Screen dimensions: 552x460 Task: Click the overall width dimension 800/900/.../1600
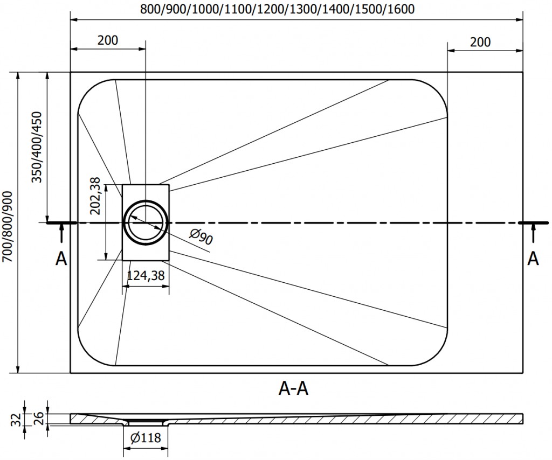pos(278,9)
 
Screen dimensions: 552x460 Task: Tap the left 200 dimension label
pos(108,40)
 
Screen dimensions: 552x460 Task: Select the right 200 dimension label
pos(480,42)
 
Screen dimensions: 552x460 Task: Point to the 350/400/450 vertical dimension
pos(37,147)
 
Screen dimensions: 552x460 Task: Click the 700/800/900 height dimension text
pos(8,227)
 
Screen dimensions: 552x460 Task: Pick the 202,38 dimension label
pos(95,196)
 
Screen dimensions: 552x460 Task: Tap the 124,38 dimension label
pos(146,275)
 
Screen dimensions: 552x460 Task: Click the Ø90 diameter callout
pos(201,236)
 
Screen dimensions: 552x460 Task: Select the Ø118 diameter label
pos(146,437)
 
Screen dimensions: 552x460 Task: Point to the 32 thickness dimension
pos(16,420)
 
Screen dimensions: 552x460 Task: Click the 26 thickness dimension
pos(39,419)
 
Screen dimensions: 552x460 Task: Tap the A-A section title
pos(293,388)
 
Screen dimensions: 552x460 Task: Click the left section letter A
pos(61,259)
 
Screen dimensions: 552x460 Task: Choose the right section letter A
pos(533,259)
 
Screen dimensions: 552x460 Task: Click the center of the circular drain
pos(146,222)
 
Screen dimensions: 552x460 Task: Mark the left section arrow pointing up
pos(61,233)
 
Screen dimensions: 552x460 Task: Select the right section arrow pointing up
pos(533,233)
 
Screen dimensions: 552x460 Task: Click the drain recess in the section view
pos(146,422)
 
